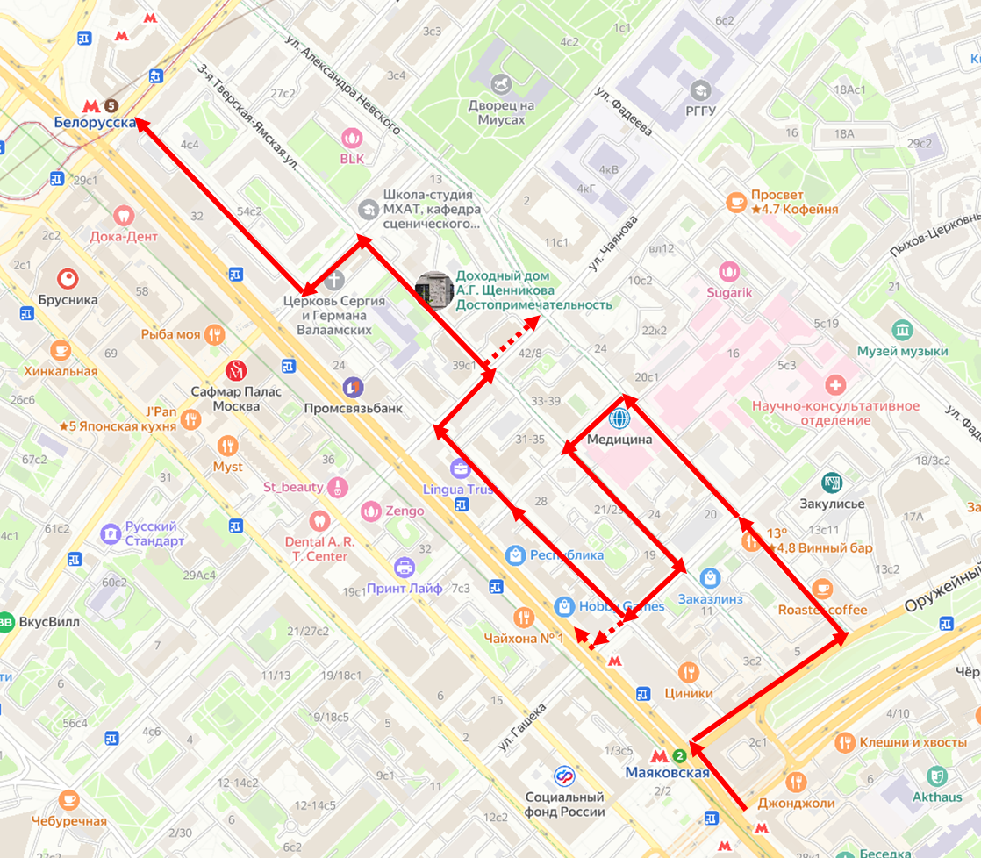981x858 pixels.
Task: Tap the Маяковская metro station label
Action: click(x=667, y=772)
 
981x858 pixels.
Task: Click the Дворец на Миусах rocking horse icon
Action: click(x=502, y=84)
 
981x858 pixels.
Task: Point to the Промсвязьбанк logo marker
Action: click(x=352, y=386)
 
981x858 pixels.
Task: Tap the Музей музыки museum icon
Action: click(x=902, y=330)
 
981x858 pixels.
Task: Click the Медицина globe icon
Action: click(x=620, y=418)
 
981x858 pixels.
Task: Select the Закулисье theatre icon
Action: click(x=832, y=483)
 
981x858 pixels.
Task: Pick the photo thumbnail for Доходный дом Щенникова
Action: click(x=433, y=290)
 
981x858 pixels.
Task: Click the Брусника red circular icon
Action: click(x=68, y=279)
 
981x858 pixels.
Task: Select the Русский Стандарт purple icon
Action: click(x=110, y=533)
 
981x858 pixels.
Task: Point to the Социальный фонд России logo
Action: click(x=564, y=776)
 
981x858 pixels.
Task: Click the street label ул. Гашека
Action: click(x=523, y=726)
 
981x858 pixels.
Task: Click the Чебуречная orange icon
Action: click(x=68, y=800)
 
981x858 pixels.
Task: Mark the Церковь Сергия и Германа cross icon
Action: click(x=333, y=281)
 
